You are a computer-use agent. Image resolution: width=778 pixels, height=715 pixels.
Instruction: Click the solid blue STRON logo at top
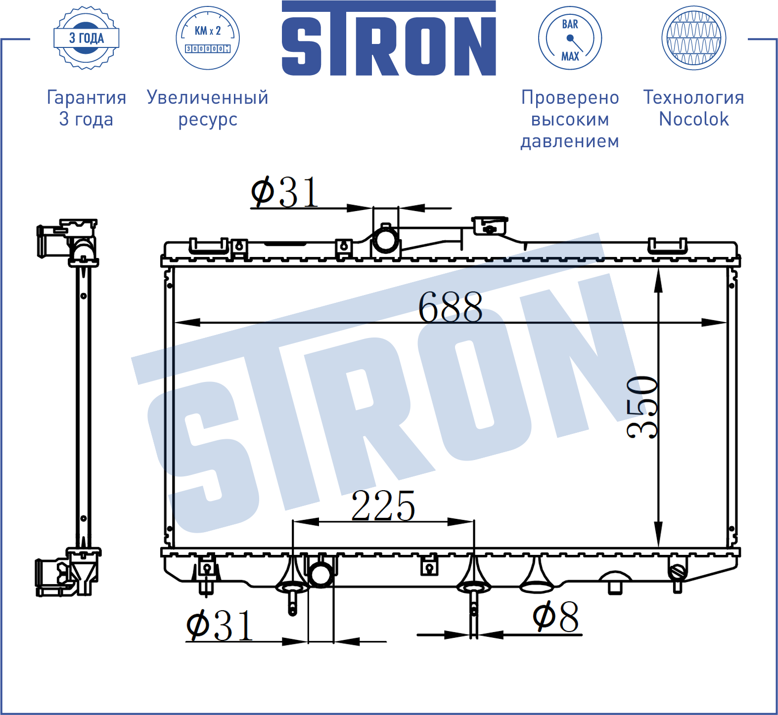click(x=389, y=38)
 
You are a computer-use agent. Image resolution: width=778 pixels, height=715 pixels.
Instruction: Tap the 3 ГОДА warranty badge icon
click(x=87, y=38)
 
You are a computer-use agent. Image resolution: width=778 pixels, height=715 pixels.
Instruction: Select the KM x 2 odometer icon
click(x=208, y=38)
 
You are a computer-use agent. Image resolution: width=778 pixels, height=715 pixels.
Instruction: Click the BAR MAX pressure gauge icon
click(x=570, y=38)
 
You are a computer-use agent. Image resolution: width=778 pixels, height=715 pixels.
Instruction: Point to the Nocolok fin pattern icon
click(x=693, y=38)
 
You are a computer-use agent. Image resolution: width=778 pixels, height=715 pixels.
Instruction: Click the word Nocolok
click(x=693, y=119)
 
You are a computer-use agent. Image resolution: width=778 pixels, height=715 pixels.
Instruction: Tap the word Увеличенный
click(x=208, y=97)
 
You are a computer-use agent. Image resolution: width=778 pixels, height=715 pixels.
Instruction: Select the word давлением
click(x=570, y=141)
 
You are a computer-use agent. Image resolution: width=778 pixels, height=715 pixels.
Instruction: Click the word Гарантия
click(x=87, y=97)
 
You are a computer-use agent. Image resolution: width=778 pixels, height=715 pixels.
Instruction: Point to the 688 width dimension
click(x=450, y=307)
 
